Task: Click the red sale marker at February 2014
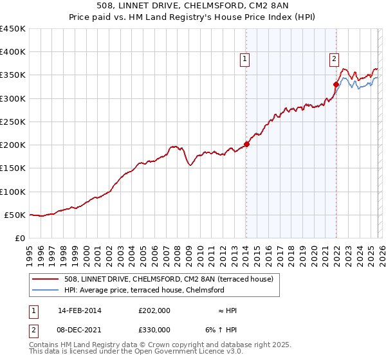[x=246, y=144]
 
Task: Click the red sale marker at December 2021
[x=336, y=84]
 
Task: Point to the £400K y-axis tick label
[x=13, y=52]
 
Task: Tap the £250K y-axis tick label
[x=13, y=122]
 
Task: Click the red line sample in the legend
[x=46, y=279]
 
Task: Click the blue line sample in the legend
[x=46, y=291]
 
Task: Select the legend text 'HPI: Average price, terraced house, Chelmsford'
[x=145, y=291]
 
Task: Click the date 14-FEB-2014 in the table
[x=75, y=310]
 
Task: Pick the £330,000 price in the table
[x=154, y=329]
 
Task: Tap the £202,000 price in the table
[x=154, y=310]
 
